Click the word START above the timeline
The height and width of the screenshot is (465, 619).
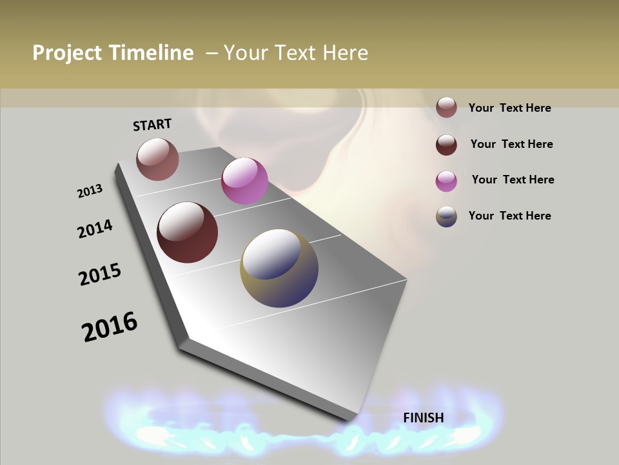152,125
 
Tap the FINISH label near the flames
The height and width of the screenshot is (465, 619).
424,418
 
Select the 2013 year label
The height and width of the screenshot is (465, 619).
90,191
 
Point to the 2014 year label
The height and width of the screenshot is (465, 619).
95,229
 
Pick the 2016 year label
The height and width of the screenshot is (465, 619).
110,327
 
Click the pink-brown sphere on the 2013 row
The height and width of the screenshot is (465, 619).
157,159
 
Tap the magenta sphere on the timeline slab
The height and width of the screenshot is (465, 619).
244,181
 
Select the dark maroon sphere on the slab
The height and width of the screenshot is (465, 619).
187,232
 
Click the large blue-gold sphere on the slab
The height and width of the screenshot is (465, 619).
279,268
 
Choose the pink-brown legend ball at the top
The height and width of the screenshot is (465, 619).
446,107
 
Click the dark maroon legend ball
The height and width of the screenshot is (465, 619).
446,144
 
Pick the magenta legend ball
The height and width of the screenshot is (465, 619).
446,180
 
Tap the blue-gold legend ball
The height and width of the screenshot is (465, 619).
446,216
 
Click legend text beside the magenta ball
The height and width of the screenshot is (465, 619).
513,180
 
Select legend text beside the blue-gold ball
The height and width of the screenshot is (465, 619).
509,216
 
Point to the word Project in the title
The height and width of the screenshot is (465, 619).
68,53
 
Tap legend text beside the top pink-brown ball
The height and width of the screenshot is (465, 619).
509,108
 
